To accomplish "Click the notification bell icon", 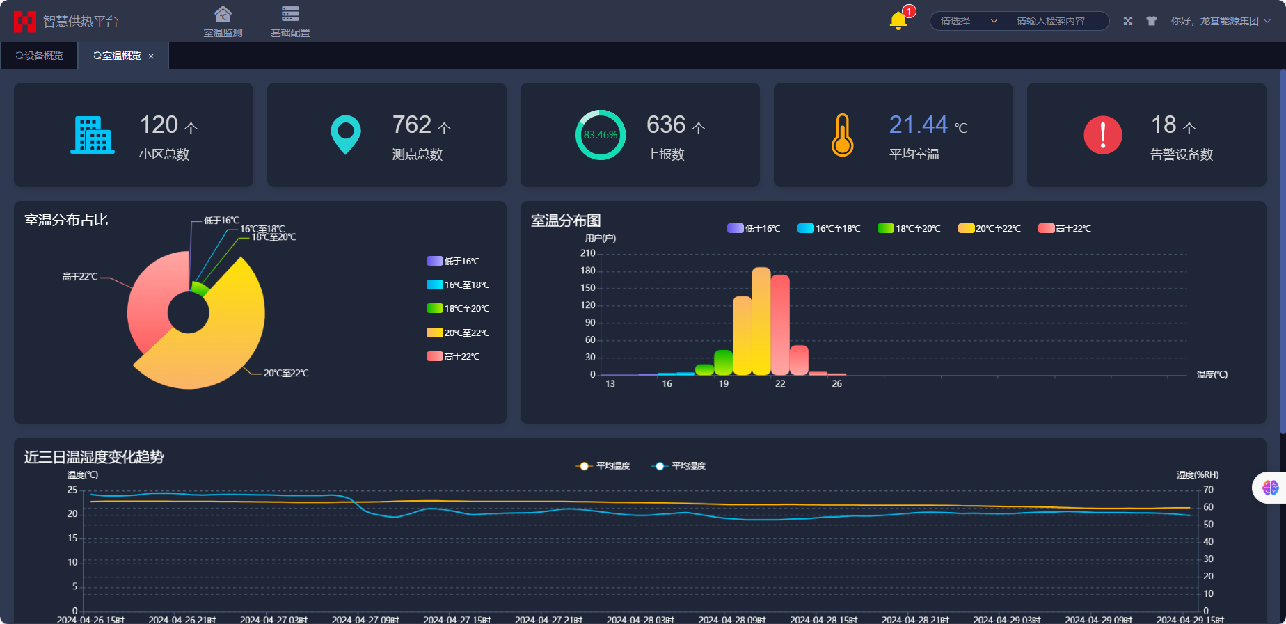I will point(898,21).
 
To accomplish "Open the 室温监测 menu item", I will point(223,22).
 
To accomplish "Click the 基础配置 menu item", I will point(290,22).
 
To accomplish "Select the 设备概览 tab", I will point(40,56).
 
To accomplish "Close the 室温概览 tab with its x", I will point(151,56).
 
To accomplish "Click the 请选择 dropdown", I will point(968,21).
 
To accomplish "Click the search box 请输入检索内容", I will point(1056,21).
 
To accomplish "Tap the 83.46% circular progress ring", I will point(600,135).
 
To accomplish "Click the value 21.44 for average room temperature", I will point(918,125).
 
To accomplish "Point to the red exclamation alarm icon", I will point(1102,135).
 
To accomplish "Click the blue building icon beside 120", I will point(92,135).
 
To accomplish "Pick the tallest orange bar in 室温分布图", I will point(761,320).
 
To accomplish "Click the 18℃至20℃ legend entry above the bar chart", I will point(909,228).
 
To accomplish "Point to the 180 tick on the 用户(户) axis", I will point(588,271).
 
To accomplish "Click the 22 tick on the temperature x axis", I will point(780,384).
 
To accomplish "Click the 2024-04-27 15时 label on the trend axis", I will point(457,619).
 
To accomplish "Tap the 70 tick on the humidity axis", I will point(1208,490).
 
